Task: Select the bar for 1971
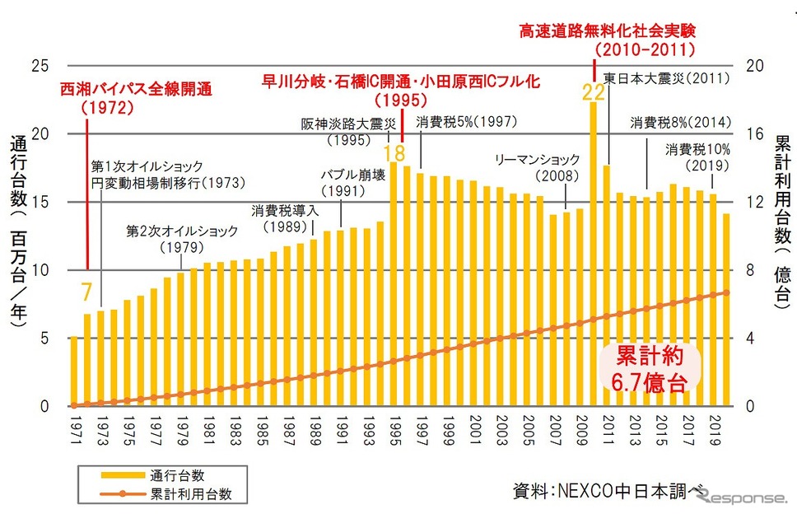[73, 371]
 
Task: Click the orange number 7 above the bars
[86, 292]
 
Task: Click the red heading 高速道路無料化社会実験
[608, 31]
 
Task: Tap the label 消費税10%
[698, 151]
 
